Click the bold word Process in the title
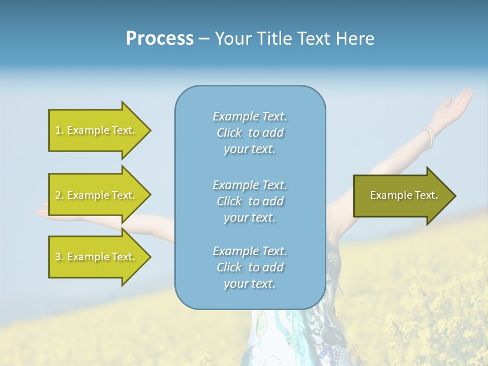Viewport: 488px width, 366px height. (160, 39)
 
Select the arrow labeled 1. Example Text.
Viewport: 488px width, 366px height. (97, 130)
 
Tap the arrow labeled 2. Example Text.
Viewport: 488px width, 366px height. (97, 195)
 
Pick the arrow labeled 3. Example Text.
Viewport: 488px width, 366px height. (97, 257)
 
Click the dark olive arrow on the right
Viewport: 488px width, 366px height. (404, 195)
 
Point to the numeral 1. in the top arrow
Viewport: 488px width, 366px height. (59, 130)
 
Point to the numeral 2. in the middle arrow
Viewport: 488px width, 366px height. (59, 195)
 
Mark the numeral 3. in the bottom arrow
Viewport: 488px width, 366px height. (59, 257)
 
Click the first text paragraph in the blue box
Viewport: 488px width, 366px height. (250, 133)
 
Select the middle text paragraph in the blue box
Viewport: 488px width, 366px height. (250, 201)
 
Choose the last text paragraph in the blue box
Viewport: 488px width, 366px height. (250, 267)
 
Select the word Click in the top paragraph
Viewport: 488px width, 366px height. (229, 133)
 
